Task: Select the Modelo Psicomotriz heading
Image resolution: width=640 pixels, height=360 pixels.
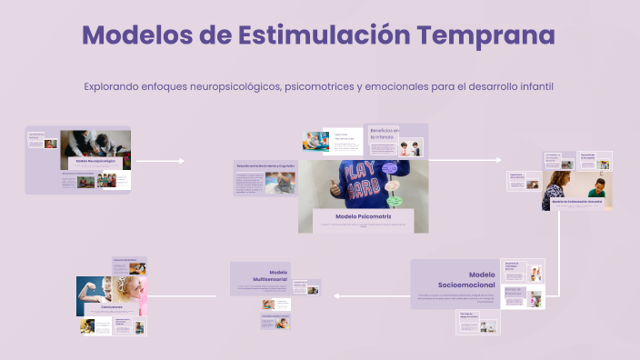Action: click(364, 216)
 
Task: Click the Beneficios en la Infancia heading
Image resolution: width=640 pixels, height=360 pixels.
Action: click(385, 133)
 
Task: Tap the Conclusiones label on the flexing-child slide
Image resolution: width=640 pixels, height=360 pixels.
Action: click(112, 307)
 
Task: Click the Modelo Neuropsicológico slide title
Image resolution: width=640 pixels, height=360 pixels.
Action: click(94, 161)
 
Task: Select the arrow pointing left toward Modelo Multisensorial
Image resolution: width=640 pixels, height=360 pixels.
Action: click(338, 295)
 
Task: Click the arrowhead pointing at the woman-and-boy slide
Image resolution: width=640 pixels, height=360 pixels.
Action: click(497, 161)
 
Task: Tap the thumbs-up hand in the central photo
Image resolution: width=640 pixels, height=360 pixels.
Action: click(339, 185)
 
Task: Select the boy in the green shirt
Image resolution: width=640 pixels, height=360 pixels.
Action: click(597, 190)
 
